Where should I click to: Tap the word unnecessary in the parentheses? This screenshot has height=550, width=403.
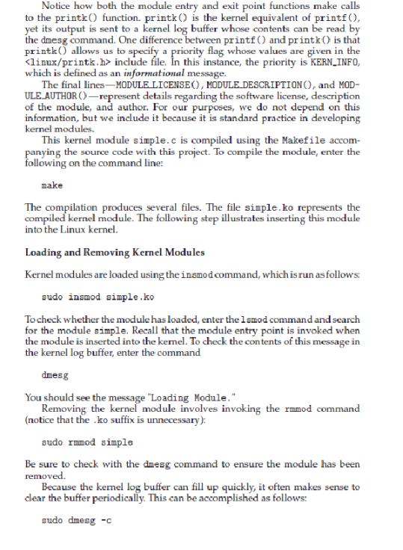point(182,419)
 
